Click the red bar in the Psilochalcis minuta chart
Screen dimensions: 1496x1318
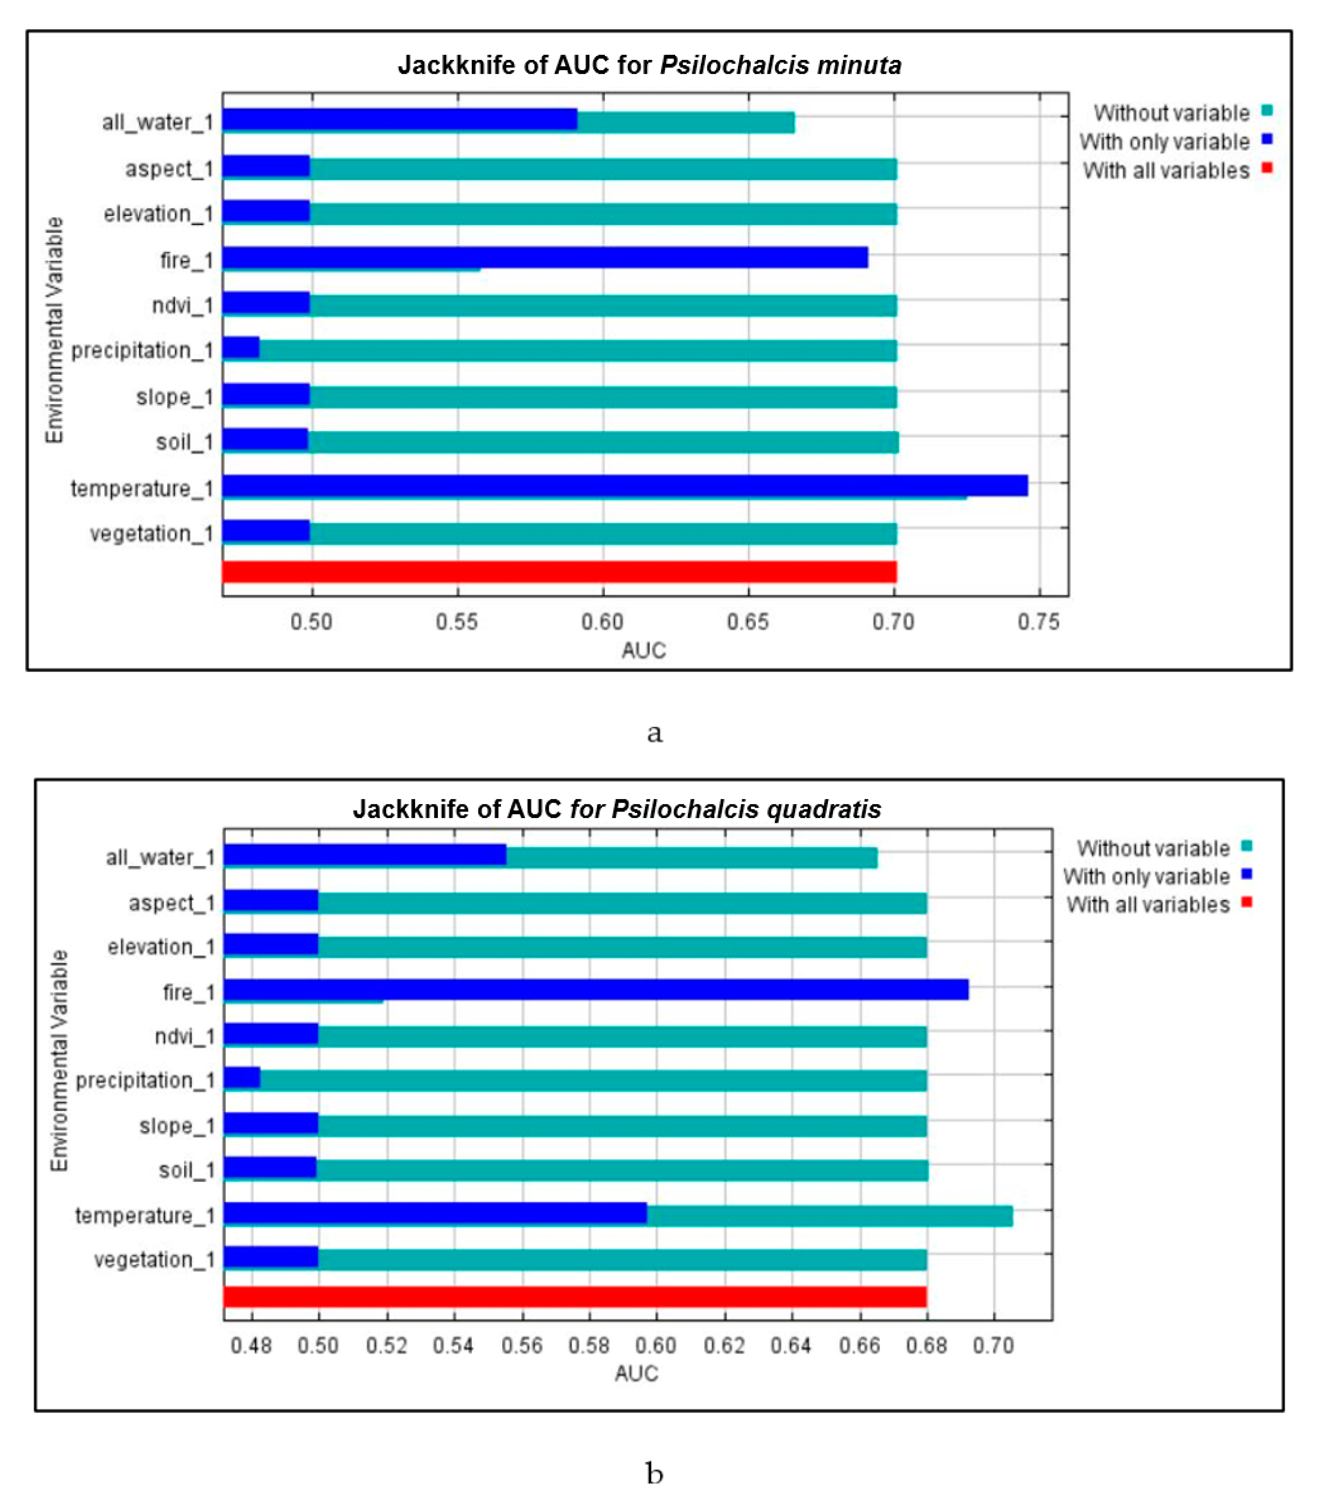pyautogui.click(x=559, y=572)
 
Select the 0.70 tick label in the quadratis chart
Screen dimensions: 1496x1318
pyautogui.click(x=993, y=1346)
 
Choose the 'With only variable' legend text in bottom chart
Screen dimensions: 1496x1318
pyautogui.click(x=1146, y=876)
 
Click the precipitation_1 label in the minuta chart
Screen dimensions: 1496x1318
pyautogui.click(x=142, y=351)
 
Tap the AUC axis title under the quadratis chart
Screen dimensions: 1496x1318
pyautogui.click(x=636, y=1374)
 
